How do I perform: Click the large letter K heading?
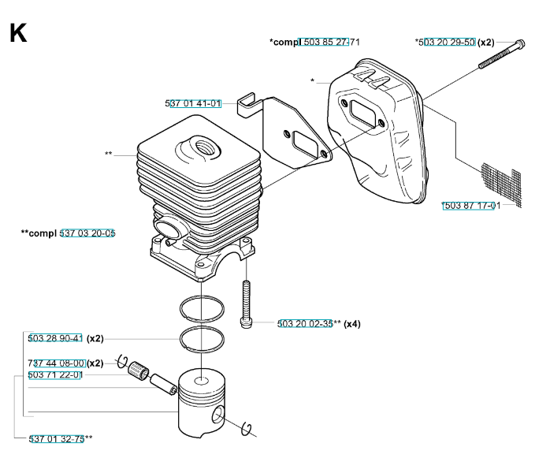17,34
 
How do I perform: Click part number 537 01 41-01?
193,103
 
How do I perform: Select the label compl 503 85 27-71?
315,42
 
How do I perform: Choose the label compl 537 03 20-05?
69,233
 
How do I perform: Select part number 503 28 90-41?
55,338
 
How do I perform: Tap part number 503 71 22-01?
55,375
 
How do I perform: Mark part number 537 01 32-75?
57,438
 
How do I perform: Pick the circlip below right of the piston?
247,428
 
